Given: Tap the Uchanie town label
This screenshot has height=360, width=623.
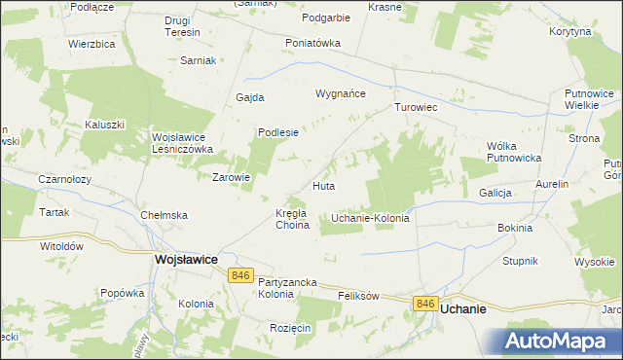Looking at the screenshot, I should coord(463,306).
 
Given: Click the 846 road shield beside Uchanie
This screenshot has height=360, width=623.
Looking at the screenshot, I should coord(424,305).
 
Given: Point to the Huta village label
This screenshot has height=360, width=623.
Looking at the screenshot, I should coord(324,185).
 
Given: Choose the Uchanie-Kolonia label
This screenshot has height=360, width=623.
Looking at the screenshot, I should coord(370,218).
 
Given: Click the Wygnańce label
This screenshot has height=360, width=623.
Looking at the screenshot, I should coord(340,93).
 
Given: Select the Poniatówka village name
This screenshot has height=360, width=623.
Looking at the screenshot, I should coord(312,43).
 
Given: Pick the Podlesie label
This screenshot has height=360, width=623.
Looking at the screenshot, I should coord(277,132).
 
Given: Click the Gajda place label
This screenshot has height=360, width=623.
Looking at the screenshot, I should coord(250,97).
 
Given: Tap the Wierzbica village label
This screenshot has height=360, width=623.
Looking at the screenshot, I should coord(92,44).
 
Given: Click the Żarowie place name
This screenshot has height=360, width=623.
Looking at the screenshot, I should coord(233,177).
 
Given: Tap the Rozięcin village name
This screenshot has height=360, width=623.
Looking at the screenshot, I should coord(290,328).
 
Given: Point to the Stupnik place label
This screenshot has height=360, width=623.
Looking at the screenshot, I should coord(521,262).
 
